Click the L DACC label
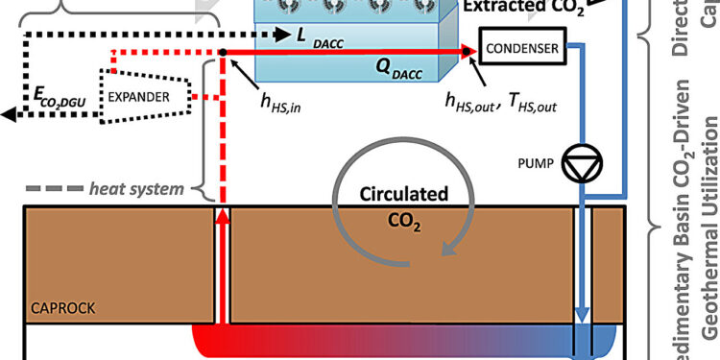click(322, 36)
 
